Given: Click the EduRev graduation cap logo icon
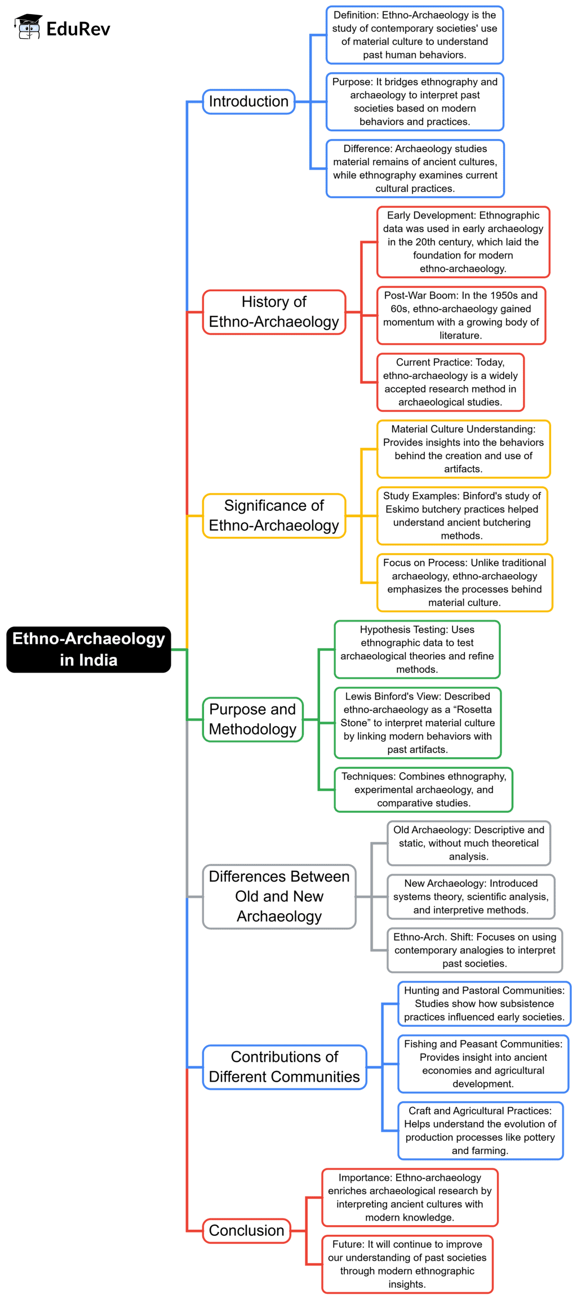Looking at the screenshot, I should [28, 26].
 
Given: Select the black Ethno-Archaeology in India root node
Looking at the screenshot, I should [88, 649].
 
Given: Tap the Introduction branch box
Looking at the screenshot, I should [248, 101].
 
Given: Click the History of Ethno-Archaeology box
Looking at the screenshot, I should [274, 312].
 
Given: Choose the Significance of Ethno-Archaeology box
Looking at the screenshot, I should [274, 515].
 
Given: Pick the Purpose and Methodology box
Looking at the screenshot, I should [252, 719].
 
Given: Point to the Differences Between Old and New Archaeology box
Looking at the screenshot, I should [279, 896].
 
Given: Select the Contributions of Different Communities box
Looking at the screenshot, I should [284, 1066].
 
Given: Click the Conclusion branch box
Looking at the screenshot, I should [246, 1230].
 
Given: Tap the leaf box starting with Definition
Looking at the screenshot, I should [414, 35].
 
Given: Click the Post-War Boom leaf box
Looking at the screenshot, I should [461, 315].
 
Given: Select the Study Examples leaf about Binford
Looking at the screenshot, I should [461, 515].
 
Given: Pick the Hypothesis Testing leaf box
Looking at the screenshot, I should [417, 649].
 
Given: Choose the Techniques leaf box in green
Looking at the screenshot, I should [423, 789].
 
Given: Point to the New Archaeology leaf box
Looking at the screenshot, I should [471, 896].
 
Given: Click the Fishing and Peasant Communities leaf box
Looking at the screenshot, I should [483, 1064].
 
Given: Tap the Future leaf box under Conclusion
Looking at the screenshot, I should [407, 1264].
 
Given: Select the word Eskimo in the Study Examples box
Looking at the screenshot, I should [401, 509].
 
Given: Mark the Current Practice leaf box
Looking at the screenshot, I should [450, 382].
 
